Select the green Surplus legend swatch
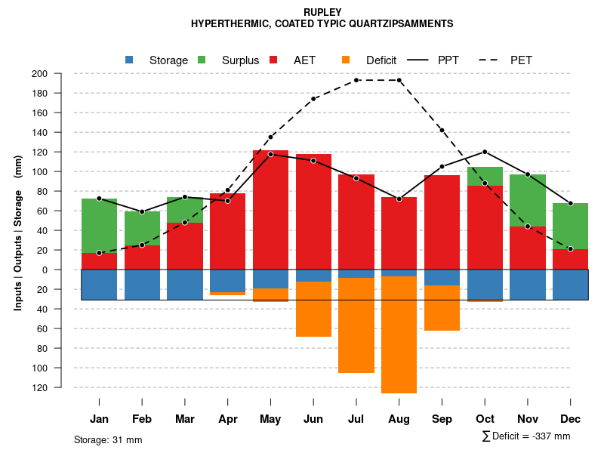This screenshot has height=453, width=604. click(202, 60)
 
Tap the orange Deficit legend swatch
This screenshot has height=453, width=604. click(346, 60)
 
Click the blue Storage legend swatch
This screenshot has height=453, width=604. click(129, 60)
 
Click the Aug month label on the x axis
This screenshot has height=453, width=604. click(399, 419)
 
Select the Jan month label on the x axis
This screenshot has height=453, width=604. click(99, 419)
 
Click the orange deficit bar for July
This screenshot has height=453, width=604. click(356, 325)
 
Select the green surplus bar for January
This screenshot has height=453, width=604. click(99, 226)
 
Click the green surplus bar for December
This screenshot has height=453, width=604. click(570, 226)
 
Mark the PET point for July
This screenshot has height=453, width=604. click(356, 80)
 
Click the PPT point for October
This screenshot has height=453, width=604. click(485, 152)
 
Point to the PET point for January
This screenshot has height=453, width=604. click(99, 253)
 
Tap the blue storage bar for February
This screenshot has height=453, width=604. click(142, 285)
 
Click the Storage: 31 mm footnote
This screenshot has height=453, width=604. click(108, 439)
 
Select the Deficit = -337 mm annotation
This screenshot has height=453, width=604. click(526, 436)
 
